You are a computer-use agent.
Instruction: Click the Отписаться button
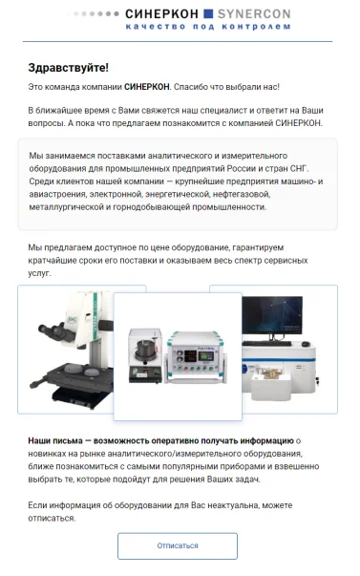tap(178, 545)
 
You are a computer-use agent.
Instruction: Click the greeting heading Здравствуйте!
tap(69, 68)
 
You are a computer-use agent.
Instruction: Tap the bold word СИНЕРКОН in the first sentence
tap(146, 87)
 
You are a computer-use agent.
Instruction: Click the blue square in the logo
tap(208, 13)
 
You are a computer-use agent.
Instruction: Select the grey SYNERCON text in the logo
tap(254, 14)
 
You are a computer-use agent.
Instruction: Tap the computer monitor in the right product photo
tap(272, 316)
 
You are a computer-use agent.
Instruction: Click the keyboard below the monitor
tap(267, 344)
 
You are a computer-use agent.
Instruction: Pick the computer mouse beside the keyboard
tap(306, 344)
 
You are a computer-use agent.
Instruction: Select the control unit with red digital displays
tap(195, 357)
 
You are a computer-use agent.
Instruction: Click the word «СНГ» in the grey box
tap(299, 169)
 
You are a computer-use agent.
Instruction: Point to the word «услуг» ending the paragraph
tap(39, 273)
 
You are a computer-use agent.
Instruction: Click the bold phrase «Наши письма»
tap(55, 440)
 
